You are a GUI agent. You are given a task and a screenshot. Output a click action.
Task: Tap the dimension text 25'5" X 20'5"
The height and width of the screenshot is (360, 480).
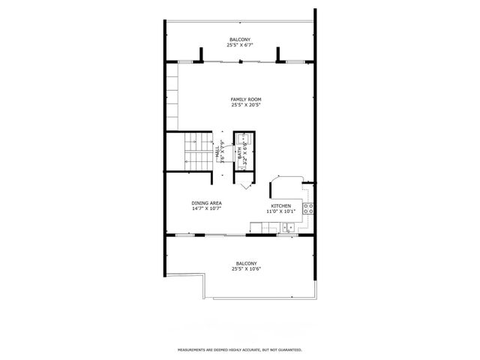click(x=245, y=105)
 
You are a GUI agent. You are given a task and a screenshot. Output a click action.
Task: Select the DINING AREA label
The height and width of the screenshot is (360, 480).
click(x=206, y=202)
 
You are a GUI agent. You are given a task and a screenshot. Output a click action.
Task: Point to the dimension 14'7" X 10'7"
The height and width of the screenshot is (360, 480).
click(x=206, y=209)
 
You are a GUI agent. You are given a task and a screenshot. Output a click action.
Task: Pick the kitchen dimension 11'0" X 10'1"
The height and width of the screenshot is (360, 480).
click(x=280, y=211)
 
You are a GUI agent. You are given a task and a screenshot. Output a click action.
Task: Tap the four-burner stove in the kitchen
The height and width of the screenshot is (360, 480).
click(x=307, y=209)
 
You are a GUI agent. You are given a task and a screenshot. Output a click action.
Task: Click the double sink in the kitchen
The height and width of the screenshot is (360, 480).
click(x=289, y=228)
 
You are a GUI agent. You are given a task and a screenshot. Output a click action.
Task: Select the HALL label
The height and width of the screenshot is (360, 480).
click(x=217, y=152)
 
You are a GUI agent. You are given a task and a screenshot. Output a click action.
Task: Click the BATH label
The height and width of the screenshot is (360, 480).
click(x=240, y=154)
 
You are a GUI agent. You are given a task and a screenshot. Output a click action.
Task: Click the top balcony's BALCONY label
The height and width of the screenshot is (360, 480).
click(x=240, y=39)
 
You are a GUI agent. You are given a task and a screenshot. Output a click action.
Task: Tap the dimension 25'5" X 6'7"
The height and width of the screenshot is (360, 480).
click(x=240, y=46)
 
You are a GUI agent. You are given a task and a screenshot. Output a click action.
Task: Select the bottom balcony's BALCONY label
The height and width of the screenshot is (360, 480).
click(x=246, y=263)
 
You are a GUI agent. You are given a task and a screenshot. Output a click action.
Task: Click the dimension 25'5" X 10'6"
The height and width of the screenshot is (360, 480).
click(x=246, y=270)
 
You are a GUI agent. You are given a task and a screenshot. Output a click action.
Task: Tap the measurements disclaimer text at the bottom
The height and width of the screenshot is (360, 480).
click(x=240, y=349)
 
